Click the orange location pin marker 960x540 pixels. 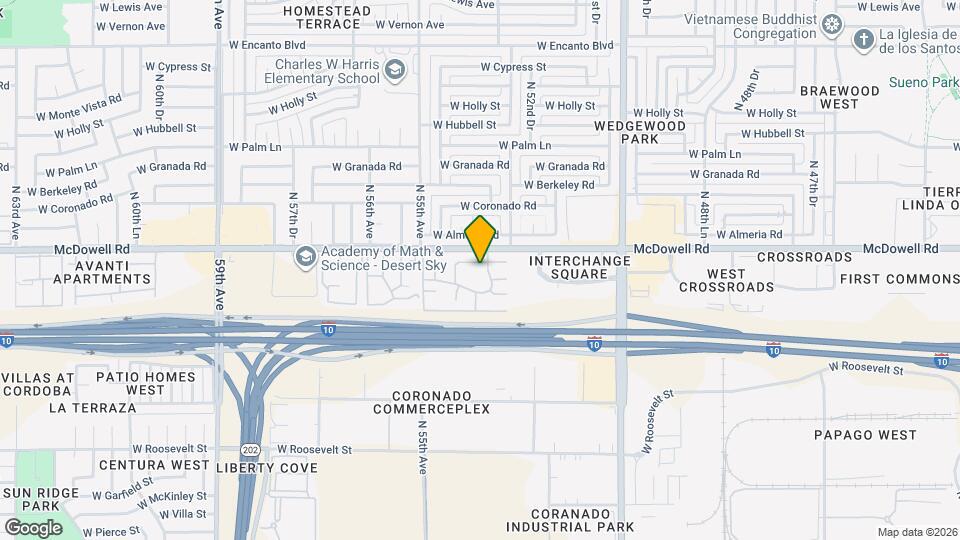(481, 238)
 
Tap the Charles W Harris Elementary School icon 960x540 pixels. (395, 69)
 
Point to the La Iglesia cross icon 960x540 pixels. (864, 39)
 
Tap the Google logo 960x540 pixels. (33, 527)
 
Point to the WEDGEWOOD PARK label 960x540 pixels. (640, 133)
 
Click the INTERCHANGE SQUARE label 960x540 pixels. (580, 267)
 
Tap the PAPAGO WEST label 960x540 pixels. (865, 435)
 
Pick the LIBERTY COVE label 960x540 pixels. (267, 467)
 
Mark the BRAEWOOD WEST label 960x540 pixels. (840, 97)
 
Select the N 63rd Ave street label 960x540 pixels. (16, 213)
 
